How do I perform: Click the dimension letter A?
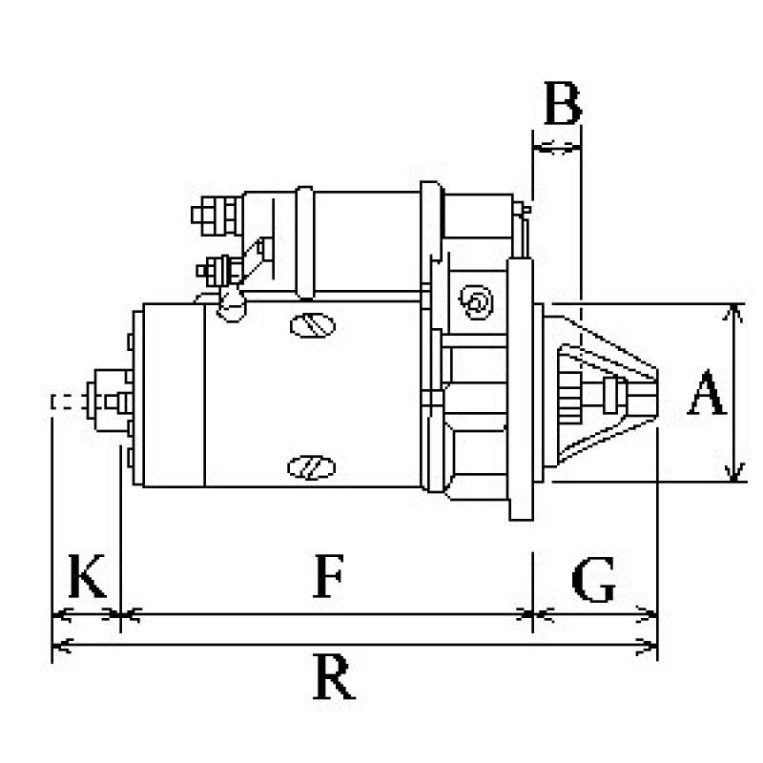pos(706,396)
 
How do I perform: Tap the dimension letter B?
pos(562,105)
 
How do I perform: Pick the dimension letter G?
pos(593,580)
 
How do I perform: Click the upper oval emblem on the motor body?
pos(311,324)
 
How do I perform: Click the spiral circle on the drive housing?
pos(477,303)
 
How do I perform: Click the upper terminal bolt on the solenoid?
pos(216,213)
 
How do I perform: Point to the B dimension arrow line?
pos(557,147)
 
